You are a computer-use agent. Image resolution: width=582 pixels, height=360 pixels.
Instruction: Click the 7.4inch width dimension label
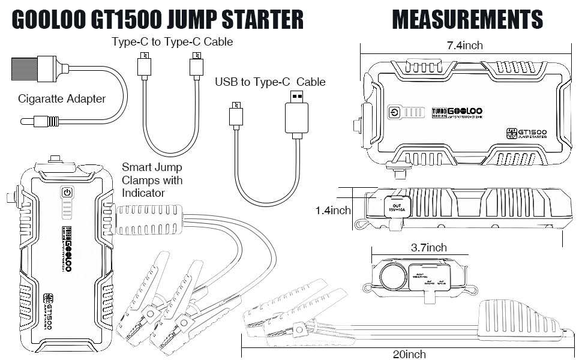tap(464, 46)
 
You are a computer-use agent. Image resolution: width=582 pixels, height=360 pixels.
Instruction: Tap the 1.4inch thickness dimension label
tap(333, 211)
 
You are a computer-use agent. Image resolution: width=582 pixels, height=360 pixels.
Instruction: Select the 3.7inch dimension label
tap(428, 247)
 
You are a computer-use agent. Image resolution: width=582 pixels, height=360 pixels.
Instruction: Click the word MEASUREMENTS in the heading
tap(467, 20)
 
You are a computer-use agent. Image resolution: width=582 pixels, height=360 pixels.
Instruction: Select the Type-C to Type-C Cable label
tap(172, 42)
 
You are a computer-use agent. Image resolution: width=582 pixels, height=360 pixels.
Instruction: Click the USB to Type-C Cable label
tap(270, 82)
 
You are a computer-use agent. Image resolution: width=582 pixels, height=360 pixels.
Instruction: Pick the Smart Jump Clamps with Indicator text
tap(152, 181)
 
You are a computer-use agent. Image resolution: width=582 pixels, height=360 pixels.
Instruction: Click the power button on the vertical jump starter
tap(67, 193)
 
